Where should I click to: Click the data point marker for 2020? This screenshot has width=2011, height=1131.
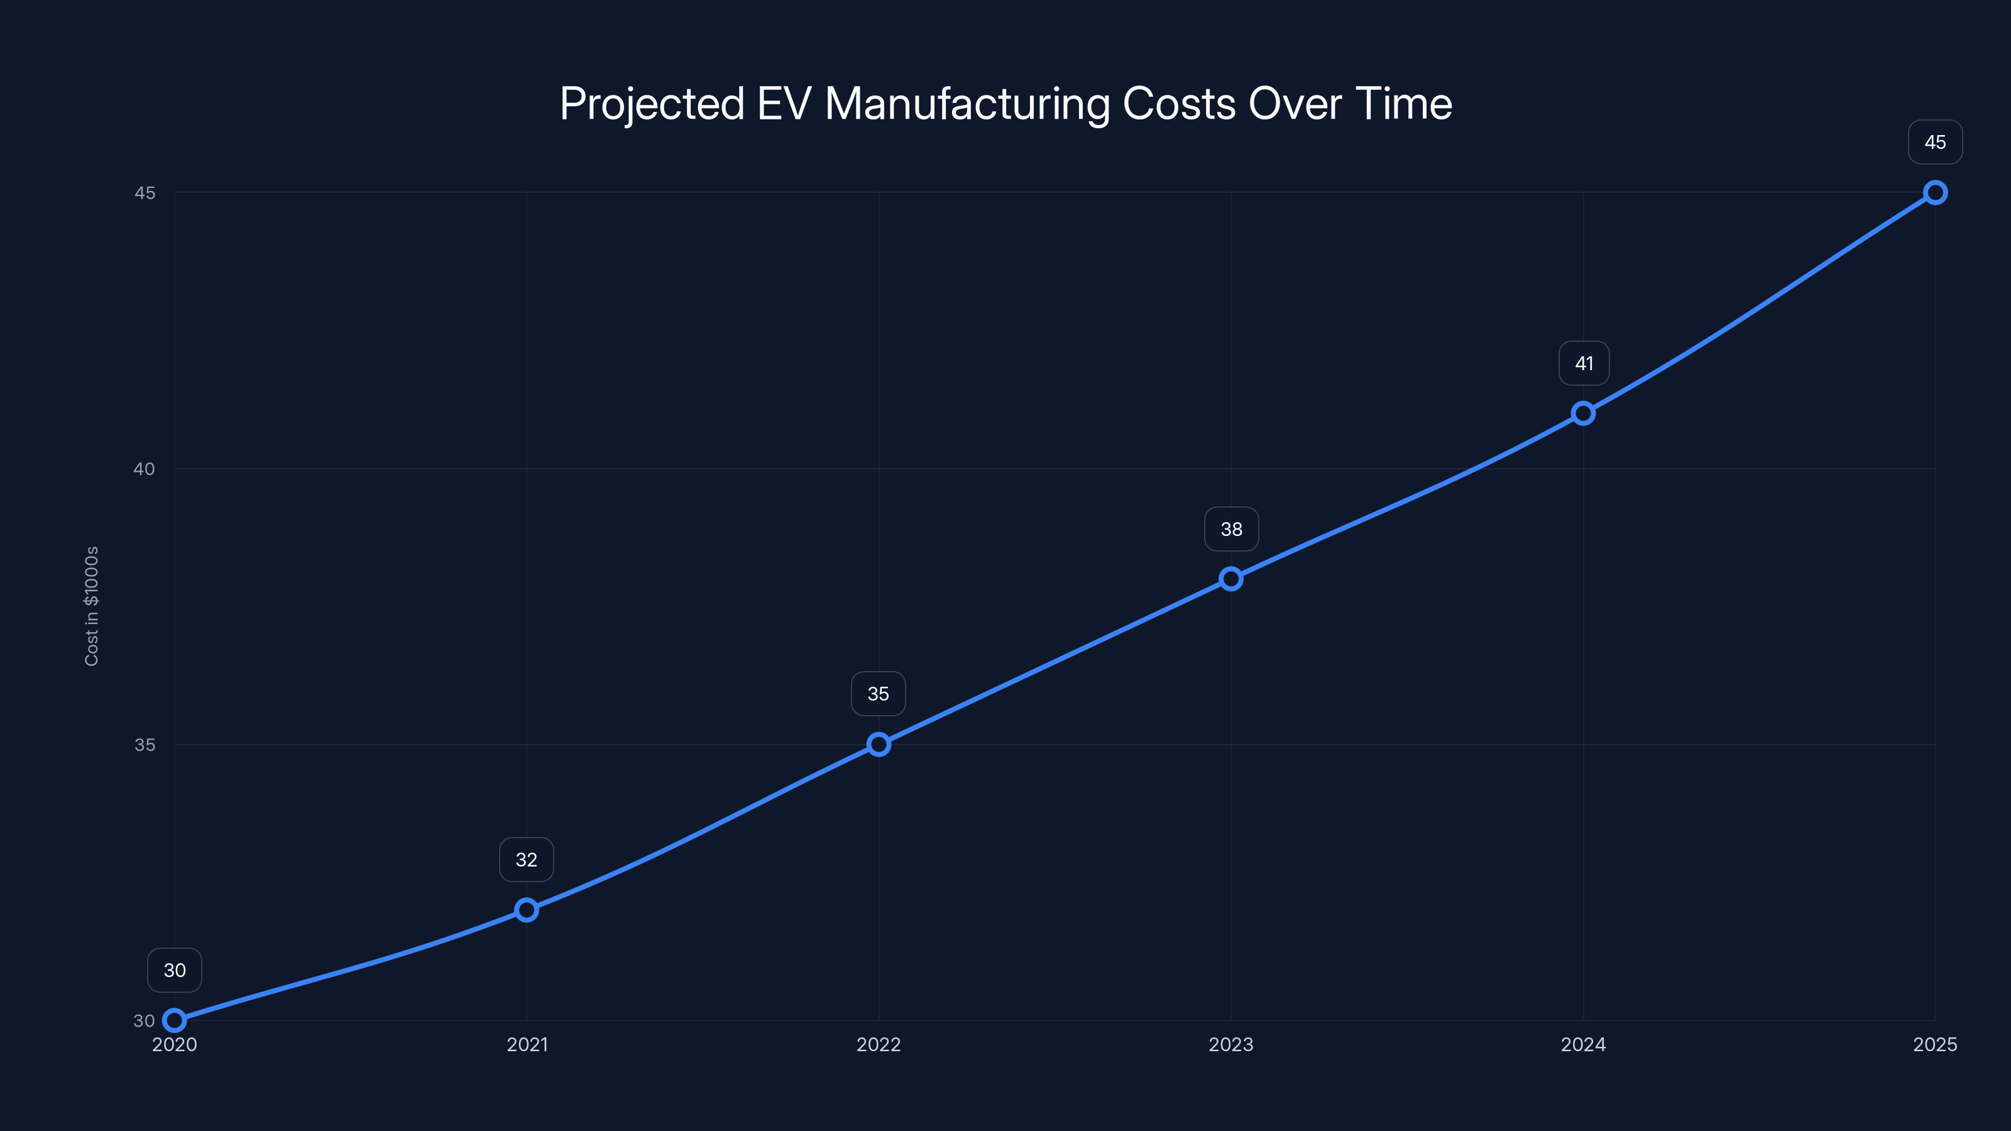(x=174, y=1020)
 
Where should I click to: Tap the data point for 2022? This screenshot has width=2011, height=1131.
(x=879, y=745)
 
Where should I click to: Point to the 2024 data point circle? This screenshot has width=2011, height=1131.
(x=1583, y=413)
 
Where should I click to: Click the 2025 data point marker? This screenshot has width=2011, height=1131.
(x=1936, y=193)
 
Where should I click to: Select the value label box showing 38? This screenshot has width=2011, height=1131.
(x=1231, y=529)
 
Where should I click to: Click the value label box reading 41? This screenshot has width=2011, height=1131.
(x=1583, y=363)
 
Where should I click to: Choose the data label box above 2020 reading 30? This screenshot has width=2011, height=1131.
(x=174, y=970)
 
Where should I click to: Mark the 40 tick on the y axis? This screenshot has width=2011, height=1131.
(x=145, y=469)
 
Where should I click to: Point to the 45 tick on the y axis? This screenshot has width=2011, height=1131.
(x=145, y=193)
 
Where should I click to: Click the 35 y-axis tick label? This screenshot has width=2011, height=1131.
(x=145, y=745)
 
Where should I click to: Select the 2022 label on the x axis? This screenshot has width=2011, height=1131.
(x=879, y=1044)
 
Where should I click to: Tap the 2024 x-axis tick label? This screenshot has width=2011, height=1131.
(x=1583, y=1044)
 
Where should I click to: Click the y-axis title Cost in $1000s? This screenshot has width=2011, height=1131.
(x=91, y=606)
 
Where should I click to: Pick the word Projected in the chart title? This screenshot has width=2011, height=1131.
(x=652, y=104)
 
